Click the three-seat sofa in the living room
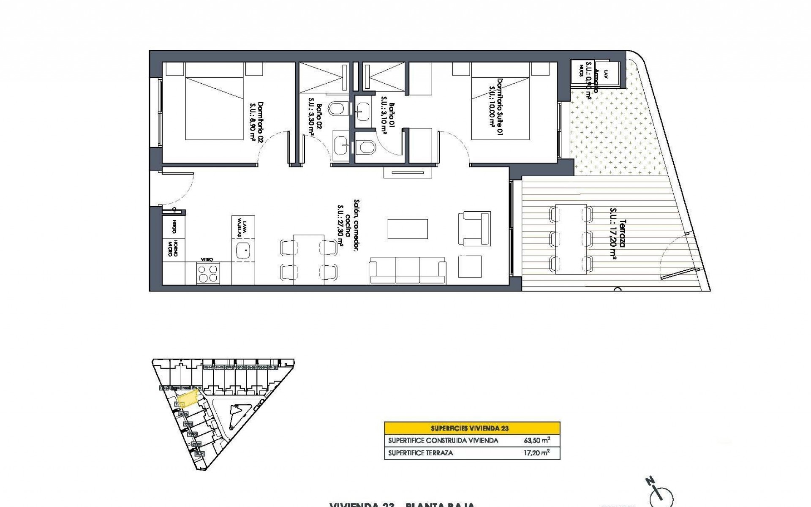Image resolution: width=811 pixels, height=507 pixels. [x=408, y=270]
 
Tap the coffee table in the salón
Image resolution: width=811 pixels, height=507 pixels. [x=408, y=229]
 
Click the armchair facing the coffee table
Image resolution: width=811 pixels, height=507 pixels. [x=475, y=228]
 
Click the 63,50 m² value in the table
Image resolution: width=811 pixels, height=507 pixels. [x=536, y=440]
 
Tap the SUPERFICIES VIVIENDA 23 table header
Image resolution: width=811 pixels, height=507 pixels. [x=472, y=428]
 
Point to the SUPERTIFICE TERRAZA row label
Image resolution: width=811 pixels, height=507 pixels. [x=420, y=453]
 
